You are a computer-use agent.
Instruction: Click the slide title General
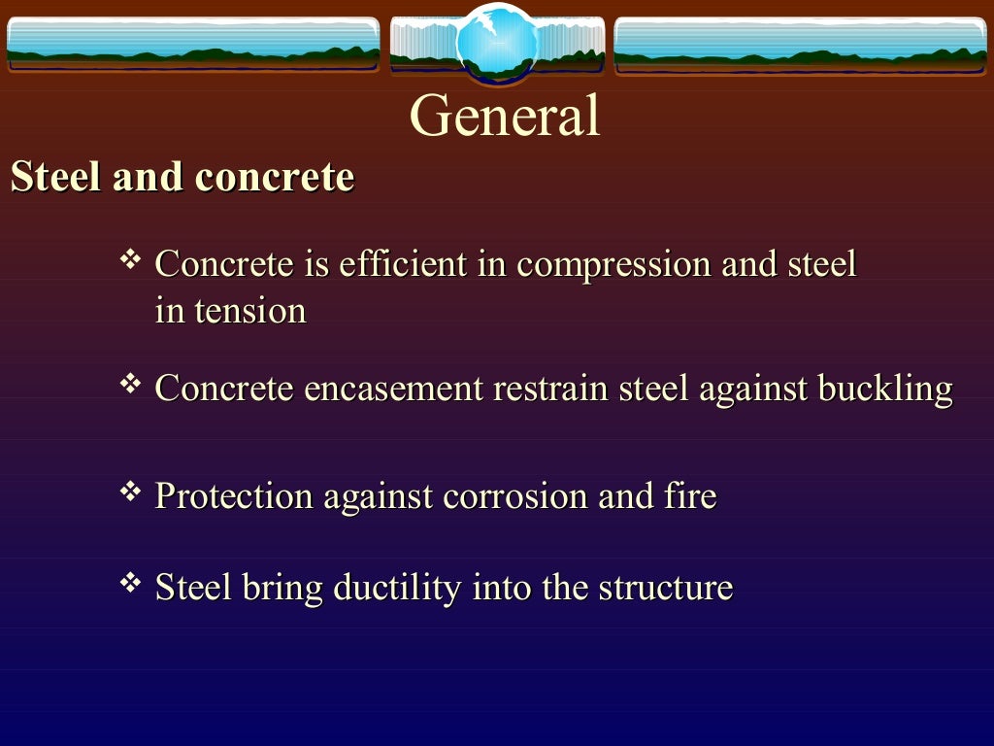(x=505, y=116)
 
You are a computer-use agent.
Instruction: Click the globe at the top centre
(x=496, y=43)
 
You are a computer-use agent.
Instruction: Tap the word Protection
(x=234, y=496)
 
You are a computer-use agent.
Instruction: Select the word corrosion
(x=515, y=496)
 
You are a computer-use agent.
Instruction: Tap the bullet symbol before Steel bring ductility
(x=129, y=584)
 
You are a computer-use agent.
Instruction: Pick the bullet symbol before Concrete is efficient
(x=129, y=259)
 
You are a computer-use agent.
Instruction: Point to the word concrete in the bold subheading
(x=275, y=178)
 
